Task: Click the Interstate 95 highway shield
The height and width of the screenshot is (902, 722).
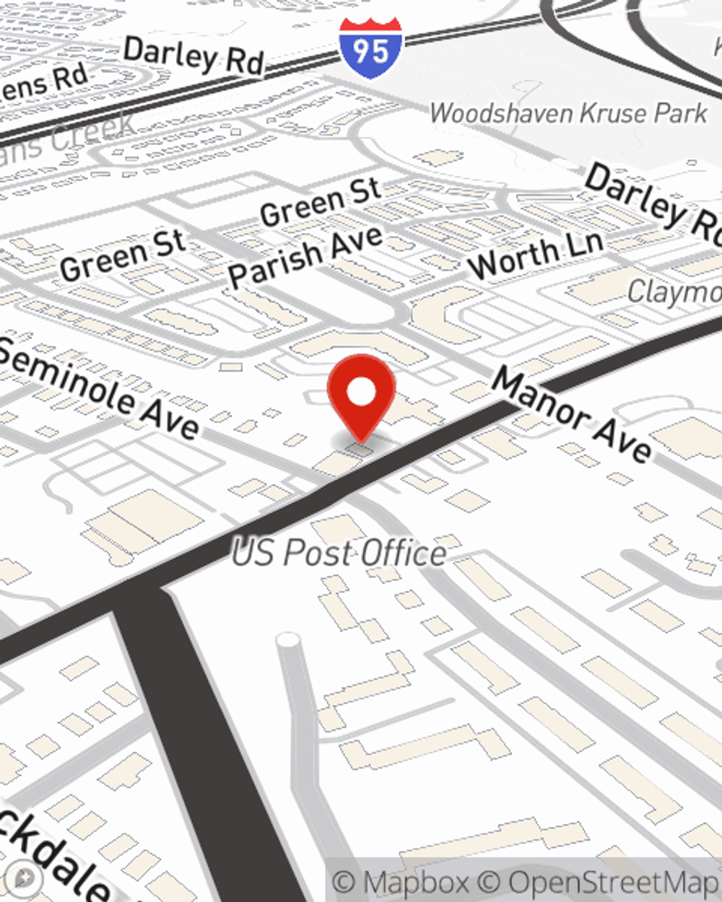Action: point(370,49)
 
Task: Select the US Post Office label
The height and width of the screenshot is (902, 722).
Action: point(339,553)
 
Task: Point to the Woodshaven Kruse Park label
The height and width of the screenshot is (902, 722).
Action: point(568,113)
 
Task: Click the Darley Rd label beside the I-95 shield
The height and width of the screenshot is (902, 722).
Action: point(193,56)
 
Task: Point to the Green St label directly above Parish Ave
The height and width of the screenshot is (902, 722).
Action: point(320,201)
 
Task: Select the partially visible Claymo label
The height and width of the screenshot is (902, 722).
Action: point(674,292)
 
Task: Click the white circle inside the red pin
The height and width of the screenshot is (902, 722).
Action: point(361,393)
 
